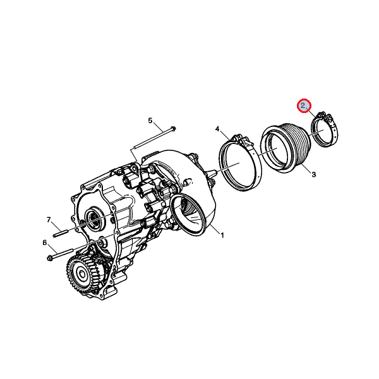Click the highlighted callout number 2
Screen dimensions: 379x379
point(303,105)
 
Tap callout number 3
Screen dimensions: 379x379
point(313,174)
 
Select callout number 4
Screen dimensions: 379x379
point(217,129)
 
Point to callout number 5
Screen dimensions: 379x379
point(150,121)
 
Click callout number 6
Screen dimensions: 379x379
point(45,243)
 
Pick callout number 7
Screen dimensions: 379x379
point(49,220)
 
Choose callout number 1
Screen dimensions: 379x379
point(222,235)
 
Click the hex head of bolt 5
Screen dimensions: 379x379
point(173,128)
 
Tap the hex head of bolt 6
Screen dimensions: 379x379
point(50,258)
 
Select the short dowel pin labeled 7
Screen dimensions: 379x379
point(61,234)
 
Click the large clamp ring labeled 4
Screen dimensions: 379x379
point(241,162)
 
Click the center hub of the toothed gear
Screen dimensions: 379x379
point(81,274)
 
